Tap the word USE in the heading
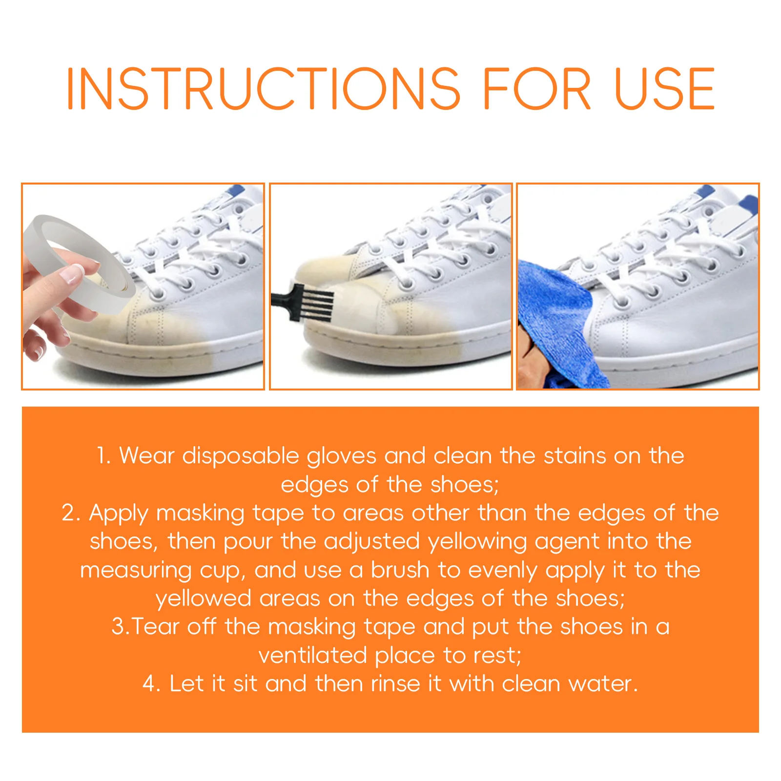[x=664, y=89]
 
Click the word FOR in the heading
[x=536, y=89]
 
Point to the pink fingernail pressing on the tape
[x=71, y=275]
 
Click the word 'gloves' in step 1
[x=341, y=456]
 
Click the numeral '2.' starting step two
[x=71, y=513]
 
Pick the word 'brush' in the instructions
[x=399, y=570]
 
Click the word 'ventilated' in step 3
[x=312, y=656]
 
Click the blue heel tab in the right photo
[x=748, y=205]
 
